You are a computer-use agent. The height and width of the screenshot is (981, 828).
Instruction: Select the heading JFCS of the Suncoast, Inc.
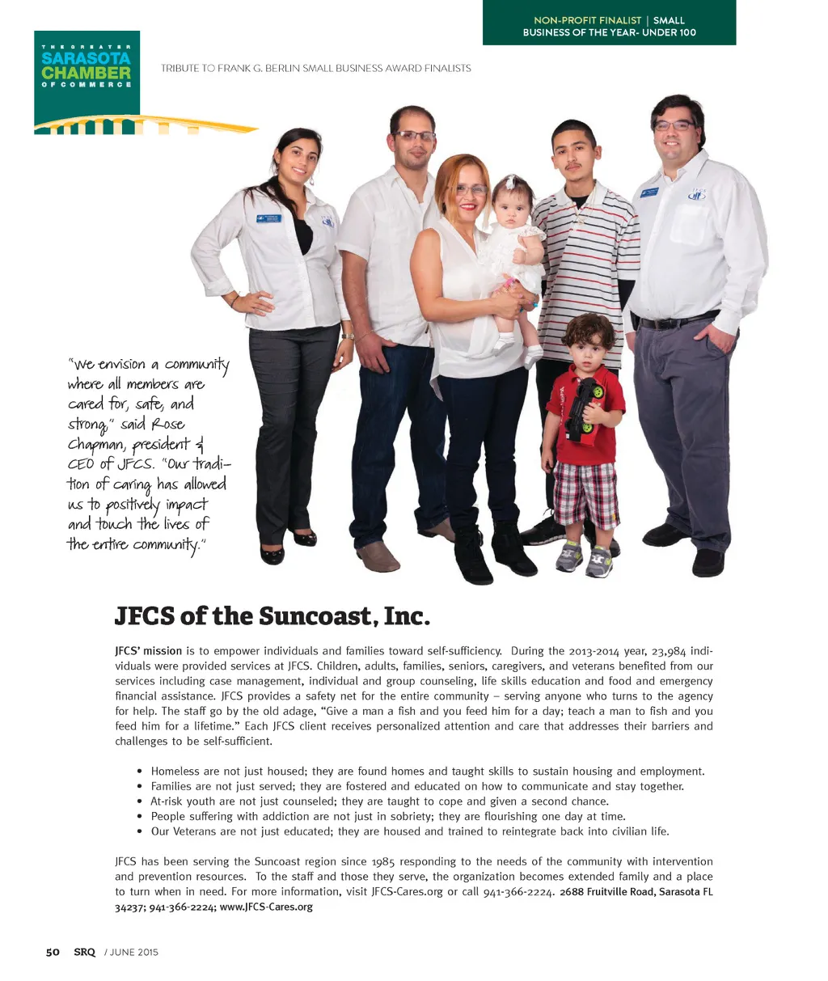(x=271, y=616)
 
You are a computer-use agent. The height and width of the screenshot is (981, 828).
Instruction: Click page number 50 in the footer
(x=53, y=952)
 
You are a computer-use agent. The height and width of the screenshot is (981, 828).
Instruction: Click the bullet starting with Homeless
(x=428, y=771)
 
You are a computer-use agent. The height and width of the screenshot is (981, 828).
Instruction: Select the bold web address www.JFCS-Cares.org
(x=266, y=907)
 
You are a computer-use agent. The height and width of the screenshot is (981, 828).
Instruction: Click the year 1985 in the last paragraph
(x=382, y=861)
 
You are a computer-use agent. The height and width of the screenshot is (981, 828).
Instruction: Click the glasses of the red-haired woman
(x=471, y=190)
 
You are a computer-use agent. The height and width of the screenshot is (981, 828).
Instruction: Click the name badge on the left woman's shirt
(x=268, y=218)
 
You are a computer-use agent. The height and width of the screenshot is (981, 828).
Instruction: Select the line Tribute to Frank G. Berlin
(x=315, y=69)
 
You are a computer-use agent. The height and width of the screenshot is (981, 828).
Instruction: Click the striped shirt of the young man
(x=587, y=259)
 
